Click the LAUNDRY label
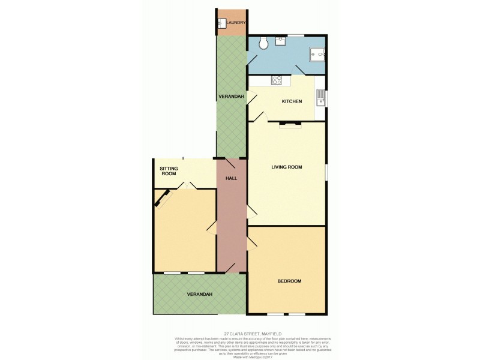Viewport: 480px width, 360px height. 235,23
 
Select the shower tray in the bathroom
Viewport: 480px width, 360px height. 316,55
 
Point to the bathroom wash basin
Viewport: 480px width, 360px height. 280,41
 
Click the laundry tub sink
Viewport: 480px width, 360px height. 221,23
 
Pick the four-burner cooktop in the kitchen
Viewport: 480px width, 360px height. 277,80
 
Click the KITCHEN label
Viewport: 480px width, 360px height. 292,101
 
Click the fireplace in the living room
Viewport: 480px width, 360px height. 292,124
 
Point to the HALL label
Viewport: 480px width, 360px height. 232,179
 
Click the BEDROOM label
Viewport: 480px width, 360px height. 289,281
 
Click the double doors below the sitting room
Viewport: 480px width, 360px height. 188,185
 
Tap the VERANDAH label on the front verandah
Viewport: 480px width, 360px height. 199,294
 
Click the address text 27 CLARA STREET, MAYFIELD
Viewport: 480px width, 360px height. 252,334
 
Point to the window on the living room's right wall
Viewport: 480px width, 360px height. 326,172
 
